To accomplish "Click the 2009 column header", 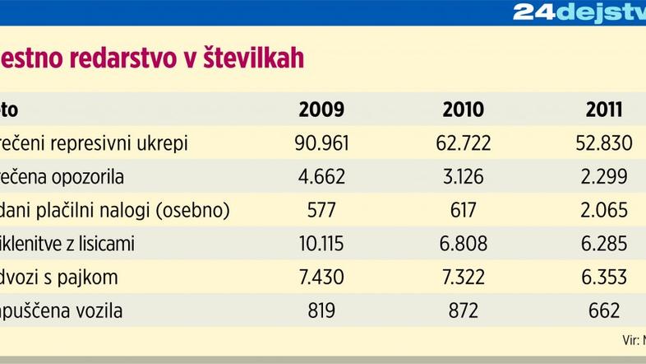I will click(321, 110).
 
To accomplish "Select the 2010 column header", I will click(464, 110).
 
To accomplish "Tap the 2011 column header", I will click(603, 110).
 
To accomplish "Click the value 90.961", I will click(321, 143).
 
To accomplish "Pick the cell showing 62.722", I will click(464, 143).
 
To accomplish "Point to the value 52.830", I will click(603, 143).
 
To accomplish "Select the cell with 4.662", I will click(321, 177).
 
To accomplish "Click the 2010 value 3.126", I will click(464, 177).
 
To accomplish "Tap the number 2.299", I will click(603, 177).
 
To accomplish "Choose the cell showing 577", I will click(321, 211).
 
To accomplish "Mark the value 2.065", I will click(603, 211).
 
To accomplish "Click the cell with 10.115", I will click(321, 245).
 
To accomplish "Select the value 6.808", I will click(464, 245).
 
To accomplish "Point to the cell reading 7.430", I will click(321, 278).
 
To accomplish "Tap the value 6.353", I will click(603, 278).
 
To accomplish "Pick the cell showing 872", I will click(464, 311).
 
